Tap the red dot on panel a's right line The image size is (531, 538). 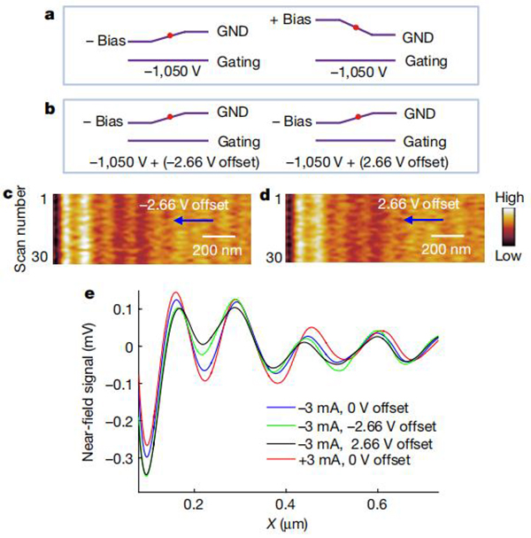pos(355,27)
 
